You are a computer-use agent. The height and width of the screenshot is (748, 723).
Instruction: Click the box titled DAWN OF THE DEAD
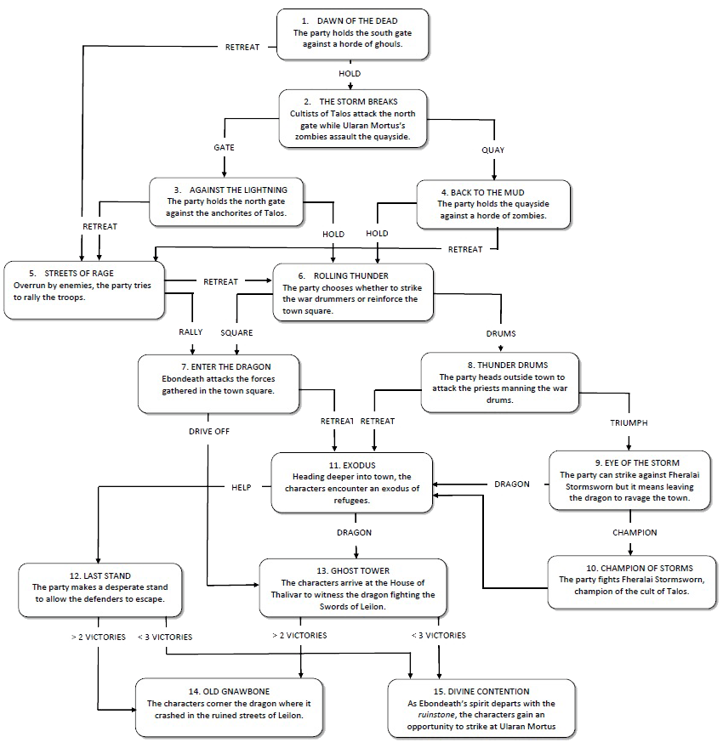point(353,34)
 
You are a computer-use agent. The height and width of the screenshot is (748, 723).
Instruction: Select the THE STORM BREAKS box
point(353,119)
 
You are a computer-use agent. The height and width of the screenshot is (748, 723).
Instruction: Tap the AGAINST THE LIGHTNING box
point(226,201)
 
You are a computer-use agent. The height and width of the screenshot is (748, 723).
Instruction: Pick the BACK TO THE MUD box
point(493,204)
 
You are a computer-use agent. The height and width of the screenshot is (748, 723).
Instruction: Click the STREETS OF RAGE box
point(84,290)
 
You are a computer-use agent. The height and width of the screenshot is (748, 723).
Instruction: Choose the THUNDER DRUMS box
point(499,382)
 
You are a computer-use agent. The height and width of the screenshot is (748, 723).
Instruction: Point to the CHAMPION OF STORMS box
point(632,582)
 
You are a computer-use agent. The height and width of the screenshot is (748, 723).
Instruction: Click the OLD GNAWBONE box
point(229,708)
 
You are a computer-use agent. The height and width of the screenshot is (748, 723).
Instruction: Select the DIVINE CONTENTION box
point(481,709)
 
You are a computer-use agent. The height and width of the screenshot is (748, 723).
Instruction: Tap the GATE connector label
point(224,148)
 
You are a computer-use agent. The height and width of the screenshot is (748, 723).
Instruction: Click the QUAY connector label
point(493,150)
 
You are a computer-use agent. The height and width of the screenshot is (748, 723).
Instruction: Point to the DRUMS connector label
point(501,333)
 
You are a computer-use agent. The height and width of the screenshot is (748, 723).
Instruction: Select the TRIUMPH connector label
point(629,422)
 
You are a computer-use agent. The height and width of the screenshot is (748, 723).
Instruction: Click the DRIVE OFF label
point(209,431)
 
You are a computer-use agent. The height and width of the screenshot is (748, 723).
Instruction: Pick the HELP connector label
point(241,487)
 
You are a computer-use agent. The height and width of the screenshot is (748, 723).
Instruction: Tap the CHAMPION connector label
point(635,532)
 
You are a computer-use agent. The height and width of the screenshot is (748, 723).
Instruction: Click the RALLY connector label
point(191,332)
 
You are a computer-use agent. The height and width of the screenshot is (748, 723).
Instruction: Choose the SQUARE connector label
point(236,333)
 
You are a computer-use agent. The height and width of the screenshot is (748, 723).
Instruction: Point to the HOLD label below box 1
point(350,73)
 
